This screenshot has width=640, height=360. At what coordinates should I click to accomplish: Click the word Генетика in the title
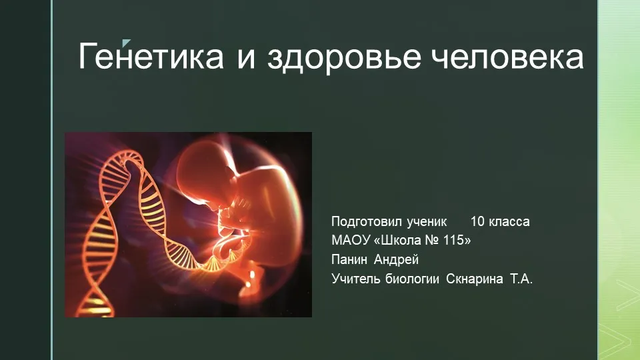pyautogui.click(x=151, y=56)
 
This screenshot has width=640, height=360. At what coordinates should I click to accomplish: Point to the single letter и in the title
pyautogui.click(x=246, y=59)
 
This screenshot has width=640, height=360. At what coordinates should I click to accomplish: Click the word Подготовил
pyautogui.click(x=366, y=221)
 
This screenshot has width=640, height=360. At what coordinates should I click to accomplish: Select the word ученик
pyautogui.click(x=427, y=221)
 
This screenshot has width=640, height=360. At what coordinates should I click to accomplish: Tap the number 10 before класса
pyautogui.click(x=477, y=221)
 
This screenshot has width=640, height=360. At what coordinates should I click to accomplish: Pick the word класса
pyautogui.click(x=509, y=221)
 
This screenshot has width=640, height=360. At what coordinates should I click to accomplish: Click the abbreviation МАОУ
pyautogui.click(x=351, y=240)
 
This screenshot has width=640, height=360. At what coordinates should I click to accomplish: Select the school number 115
pyautogui.click(x=454, y=240)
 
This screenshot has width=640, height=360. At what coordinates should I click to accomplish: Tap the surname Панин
pyautogui.click(x=349, y=259)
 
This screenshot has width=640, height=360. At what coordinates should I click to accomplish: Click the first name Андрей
pyautogui.click(x=396, y=260)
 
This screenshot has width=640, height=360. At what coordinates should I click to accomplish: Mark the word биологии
pyautogui.click(x=412, y=279)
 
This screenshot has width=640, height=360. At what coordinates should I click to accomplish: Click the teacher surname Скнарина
pyautogui.click(x=474, y=279)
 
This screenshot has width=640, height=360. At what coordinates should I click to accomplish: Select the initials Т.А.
pyautogui.click(x=521, y=279)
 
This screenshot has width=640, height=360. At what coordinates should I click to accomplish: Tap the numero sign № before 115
pyautogui.click(x=432, y=240)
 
